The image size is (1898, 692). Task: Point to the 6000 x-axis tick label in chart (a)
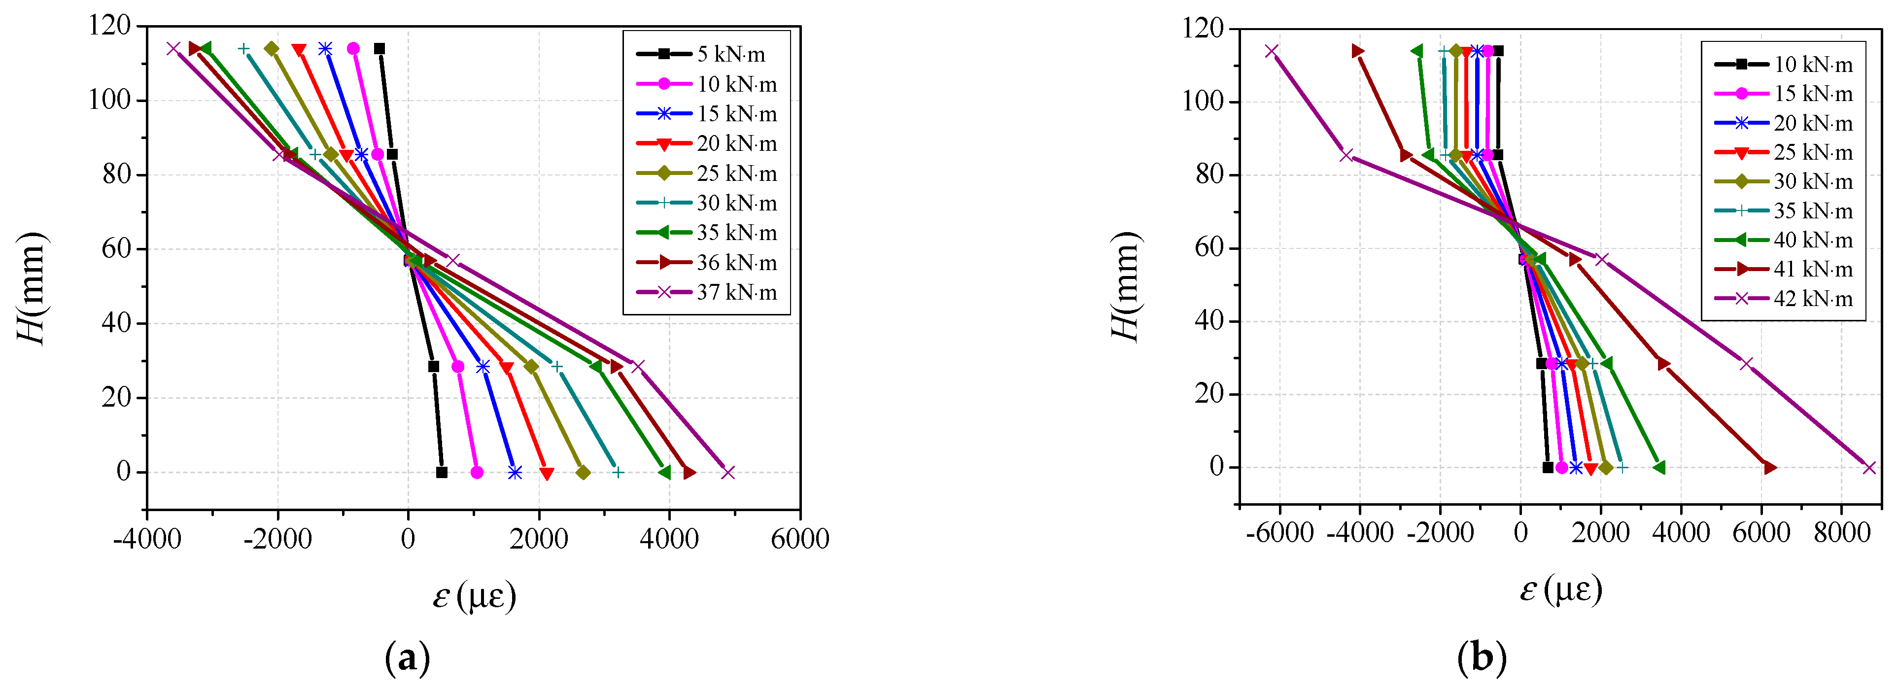[799, 539]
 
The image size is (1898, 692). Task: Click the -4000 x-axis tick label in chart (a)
[147, 539]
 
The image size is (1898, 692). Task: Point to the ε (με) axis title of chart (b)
[1560, 589]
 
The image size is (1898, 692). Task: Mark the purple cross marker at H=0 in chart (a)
[728, 472]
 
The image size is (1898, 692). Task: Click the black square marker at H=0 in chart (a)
[441, 472]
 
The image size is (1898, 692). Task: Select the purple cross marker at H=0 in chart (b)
[1868, 468]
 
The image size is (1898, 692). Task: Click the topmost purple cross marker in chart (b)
[1271, 51]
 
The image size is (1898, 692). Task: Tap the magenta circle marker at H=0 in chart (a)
[477, 472]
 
